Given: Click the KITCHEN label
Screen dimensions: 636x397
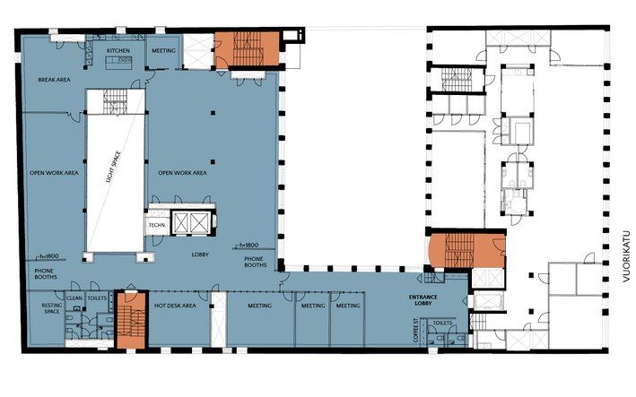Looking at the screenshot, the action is coord(118,51).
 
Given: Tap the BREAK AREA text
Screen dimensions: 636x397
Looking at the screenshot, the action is coord(55,80).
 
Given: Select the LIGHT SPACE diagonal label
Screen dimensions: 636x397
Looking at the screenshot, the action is coord(114,167).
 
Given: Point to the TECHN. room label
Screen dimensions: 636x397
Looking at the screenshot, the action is coord(157,225).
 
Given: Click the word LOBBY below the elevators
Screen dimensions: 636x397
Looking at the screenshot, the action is coord(200,255).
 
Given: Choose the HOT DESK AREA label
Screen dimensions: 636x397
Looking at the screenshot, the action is coord(175,306).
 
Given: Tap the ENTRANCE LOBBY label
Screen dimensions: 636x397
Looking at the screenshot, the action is coord(423,300).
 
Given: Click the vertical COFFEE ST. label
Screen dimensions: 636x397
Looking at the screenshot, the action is coord(415,330).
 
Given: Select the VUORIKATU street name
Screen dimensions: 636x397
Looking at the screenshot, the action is coord(627,256).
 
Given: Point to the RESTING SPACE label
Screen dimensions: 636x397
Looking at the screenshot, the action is coord(52,308).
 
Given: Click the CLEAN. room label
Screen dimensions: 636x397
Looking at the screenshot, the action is coord(74,298).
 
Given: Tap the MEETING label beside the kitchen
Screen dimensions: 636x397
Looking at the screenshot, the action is coord(164,51).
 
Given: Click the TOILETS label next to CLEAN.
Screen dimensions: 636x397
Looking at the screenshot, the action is coord(98,298).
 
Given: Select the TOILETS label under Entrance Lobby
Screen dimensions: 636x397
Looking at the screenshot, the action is coord(442,324).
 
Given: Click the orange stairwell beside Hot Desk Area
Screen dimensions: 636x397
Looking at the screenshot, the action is coord(131,320).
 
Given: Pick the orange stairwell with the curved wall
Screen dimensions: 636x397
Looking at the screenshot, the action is coord(467,251).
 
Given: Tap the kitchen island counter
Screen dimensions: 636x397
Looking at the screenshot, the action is coord(119,63).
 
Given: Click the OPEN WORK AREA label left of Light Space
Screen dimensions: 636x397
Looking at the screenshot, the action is coord(54,173).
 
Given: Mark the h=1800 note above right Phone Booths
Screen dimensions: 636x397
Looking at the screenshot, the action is coord(248,245).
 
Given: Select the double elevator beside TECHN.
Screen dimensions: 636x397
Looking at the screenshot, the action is coord(191,222).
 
